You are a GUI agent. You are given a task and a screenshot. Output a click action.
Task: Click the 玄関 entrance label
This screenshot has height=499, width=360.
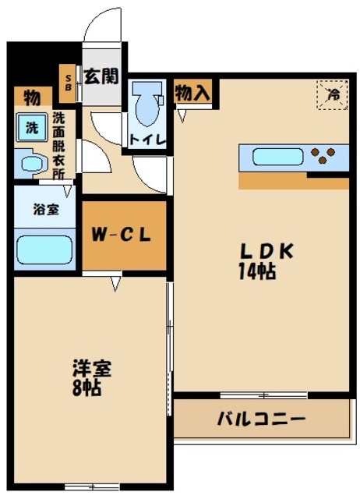pos(101,76)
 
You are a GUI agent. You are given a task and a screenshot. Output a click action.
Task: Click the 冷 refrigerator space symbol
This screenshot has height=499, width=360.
pos(333,94)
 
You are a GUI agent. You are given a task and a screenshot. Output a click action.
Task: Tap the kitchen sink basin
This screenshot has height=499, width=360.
pos(277,156)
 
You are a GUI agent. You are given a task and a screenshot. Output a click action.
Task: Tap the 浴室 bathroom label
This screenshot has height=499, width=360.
pos(43,210)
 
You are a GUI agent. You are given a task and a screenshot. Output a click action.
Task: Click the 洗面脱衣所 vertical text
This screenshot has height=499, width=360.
pos(59,145)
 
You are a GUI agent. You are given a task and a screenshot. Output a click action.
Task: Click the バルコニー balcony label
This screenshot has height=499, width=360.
pos(261,419)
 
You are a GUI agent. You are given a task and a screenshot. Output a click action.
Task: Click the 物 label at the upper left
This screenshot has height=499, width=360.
pos(32,97)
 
